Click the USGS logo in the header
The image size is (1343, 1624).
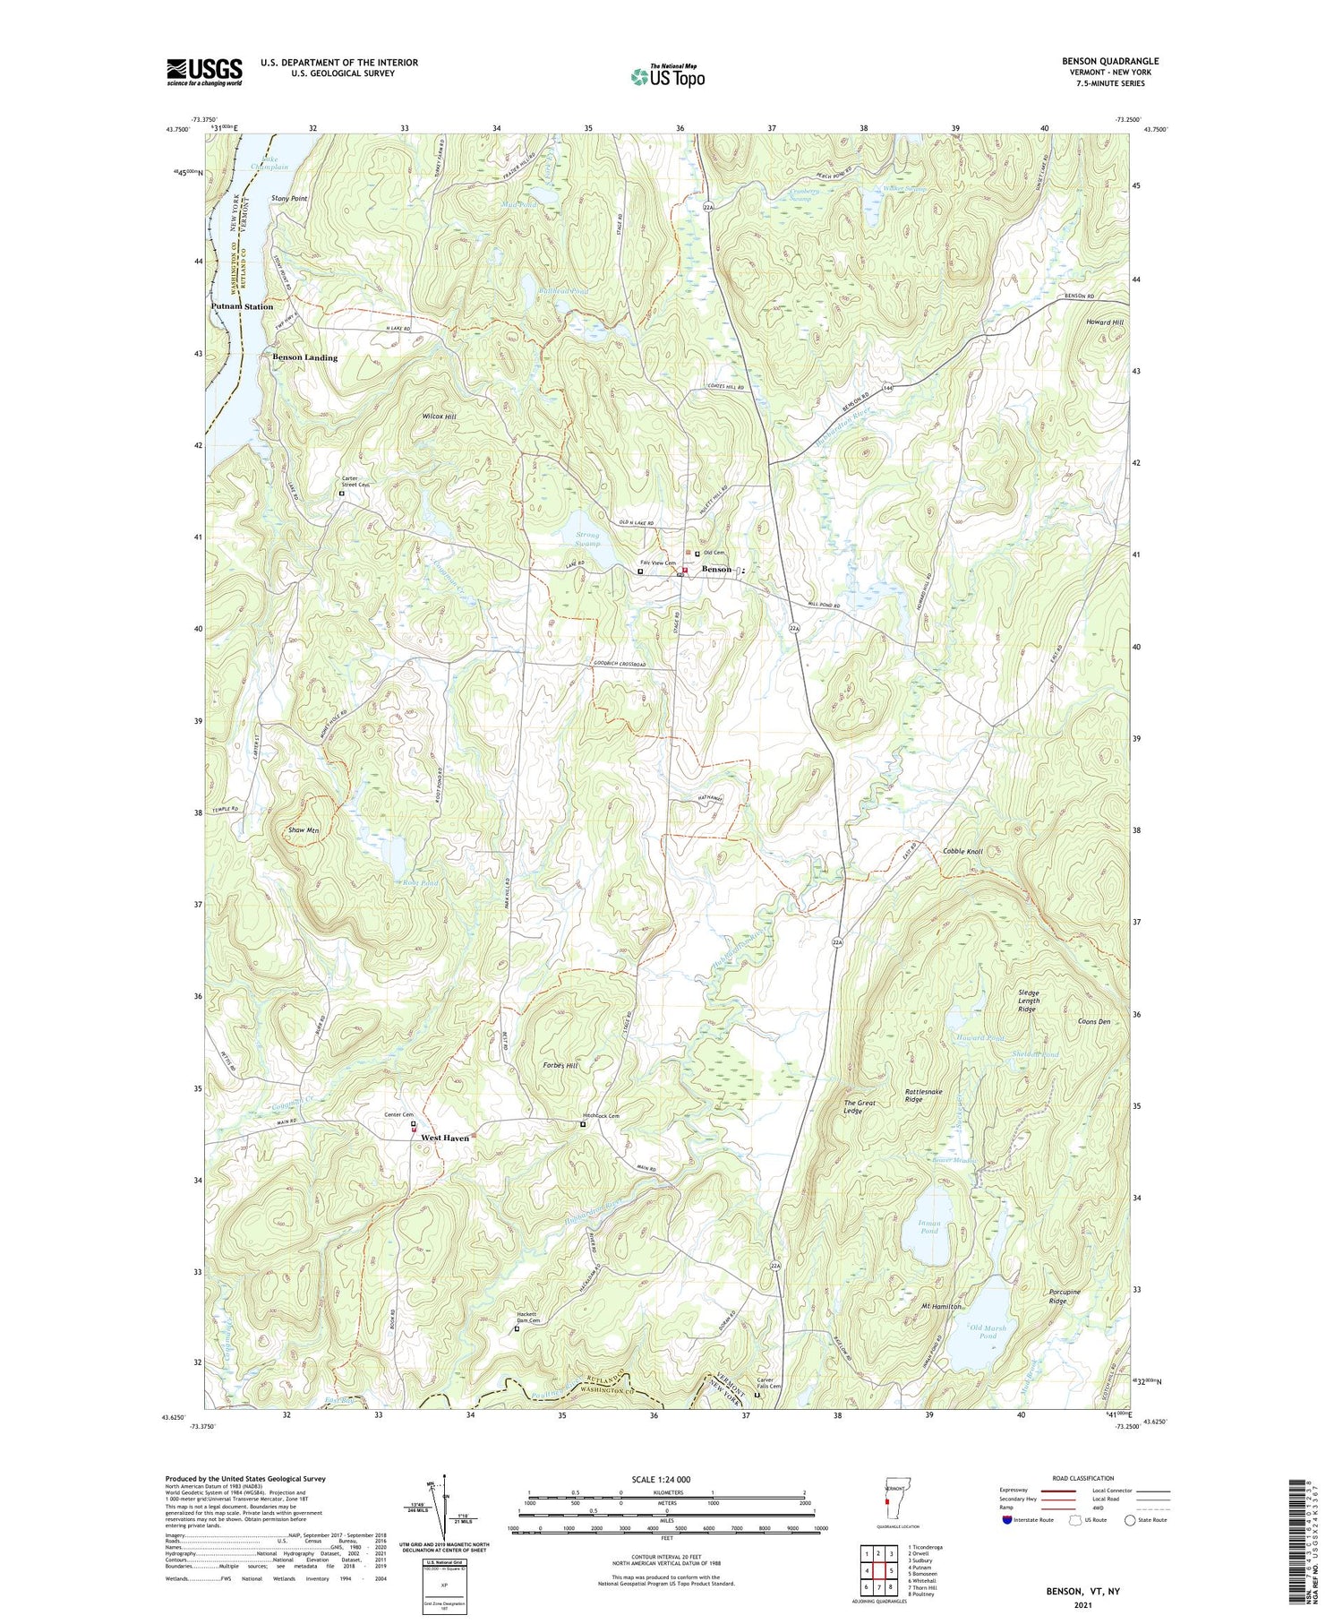coord(204,72)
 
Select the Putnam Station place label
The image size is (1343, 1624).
coord(242,306)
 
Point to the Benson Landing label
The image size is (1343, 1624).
coord(304,357)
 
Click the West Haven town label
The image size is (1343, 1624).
coord(444,1138)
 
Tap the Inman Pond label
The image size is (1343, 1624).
coord(928,1226)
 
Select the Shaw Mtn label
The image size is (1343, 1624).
coord(304,830)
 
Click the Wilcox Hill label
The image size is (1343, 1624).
coord(439,417)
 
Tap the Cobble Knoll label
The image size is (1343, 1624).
coord(962,851)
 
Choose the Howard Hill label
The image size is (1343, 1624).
coord(1103,322)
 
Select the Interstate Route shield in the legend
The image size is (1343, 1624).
coord(1008,1519)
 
